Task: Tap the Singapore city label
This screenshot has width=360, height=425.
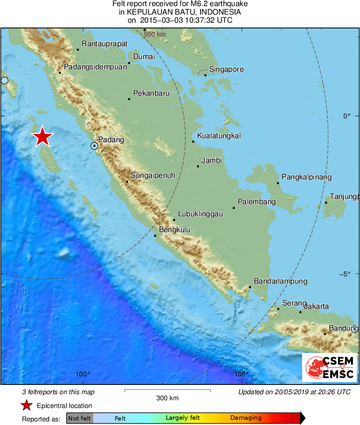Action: [x=226, y=69]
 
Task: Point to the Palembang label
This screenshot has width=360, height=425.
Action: [x=257, y=202]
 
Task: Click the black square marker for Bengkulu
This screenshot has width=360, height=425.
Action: [x=155, y=235]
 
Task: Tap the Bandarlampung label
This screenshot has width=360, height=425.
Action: [x=281, y=281]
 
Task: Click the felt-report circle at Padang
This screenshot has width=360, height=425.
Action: [x=94, y=145]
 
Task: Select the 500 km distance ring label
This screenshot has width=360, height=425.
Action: [x=155, y=34]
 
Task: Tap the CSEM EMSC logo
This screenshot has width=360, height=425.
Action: [x=329, y=367]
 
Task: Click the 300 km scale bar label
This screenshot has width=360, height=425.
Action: [x=167, y=398]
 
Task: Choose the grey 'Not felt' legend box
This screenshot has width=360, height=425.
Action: [x=79, y=418]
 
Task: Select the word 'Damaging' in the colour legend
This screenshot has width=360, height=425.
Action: [x=246, y=418]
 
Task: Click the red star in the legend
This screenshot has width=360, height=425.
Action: [x=27, y=406]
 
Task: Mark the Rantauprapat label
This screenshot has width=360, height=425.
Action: [x=105, y=44]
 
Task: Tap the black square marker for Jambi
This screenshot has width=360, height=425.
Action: [x=198, y=166]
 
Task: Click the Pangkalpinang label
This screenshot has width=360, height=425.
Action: [x=306, y=177]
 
